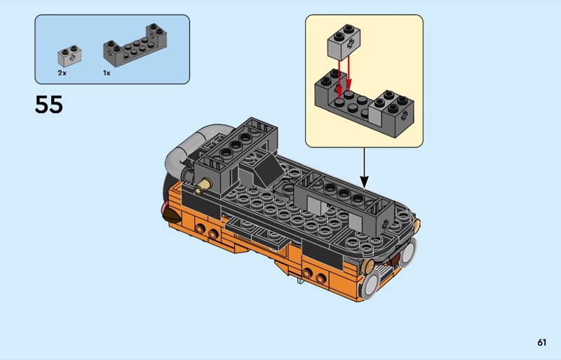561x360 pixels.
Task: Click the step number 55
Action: (48, 105)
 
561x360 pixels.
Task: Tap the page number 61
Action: (541, 342)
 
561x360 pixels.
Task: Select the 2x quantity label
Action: (62, 73)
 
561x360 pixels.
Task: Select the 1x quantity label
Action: (107, 73)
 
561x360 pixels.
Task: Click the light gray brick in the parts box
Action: (69, 56)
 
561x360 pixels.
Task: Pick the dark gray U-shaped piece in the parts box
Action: (135, 46)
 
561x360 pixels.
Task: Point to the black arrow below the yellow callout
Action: (364, 168)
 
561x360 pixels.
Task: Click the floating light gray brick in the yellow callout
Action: (344, 42)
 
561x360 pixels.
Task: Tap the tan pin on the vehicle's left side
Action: (203, 185)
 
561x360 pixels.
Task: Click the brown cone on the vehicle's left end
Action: (172, 214)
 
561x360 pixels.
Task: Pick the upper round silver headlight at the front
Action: (407, 253)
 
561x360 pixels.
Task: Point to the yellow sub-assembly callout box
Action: (364, 81)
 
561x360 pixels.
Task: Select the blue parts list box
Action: (112, 49)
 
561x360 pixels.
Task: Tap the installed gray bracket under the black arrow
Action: (344, 202)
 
